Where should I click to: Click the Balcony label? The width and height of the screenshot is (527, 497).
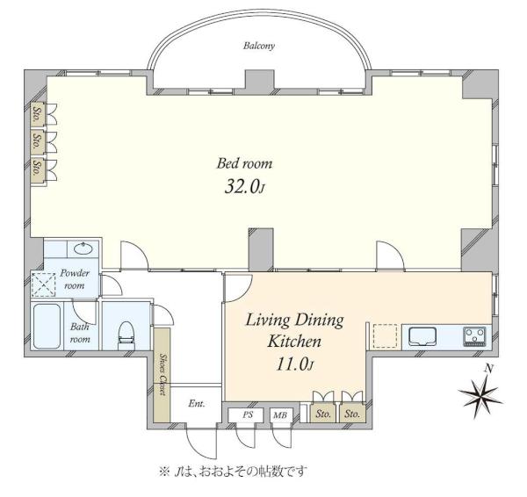point(259,46)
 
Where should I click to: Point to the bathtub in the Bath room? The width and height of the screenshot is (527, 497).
point(47,327)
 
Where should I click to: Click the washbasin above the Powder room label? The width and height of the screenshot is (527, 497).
point(83,249)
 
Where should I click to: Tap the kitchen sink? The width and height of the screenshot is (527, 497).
point(422,336)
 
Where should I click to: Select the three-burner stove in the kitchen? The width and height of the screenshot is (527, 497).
point(474,336)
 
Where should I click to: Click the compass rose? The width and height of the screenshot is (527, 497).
point(480,396)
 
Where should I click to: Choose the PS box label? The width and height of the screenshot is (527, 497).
point(248,415)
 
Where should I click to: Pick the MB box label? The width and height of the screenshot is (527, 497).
point(280,415)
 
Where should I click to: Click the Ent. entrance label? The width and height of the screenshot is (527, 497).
point(197,403)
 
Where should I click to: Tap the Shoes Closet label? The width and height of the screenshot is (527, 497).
point(162,374)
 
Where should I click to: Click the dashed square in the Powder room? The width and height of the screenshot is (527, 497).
point(43,285)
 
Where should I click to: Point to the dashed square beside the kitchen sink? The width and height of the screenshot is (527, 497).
point(386,335)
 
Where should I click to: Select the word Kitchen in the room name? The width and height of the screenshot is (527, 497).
point(294,342)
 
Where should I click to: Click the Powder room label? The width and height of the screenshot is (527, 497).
point(75,279)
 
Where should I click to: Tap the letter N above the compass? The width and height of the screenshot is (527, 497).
point(488,370)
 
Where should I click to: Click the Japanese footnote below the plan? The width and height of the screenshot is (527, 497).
point(233,472)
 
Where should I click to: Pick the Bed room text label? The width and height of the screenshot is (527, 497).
point(244,163)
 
